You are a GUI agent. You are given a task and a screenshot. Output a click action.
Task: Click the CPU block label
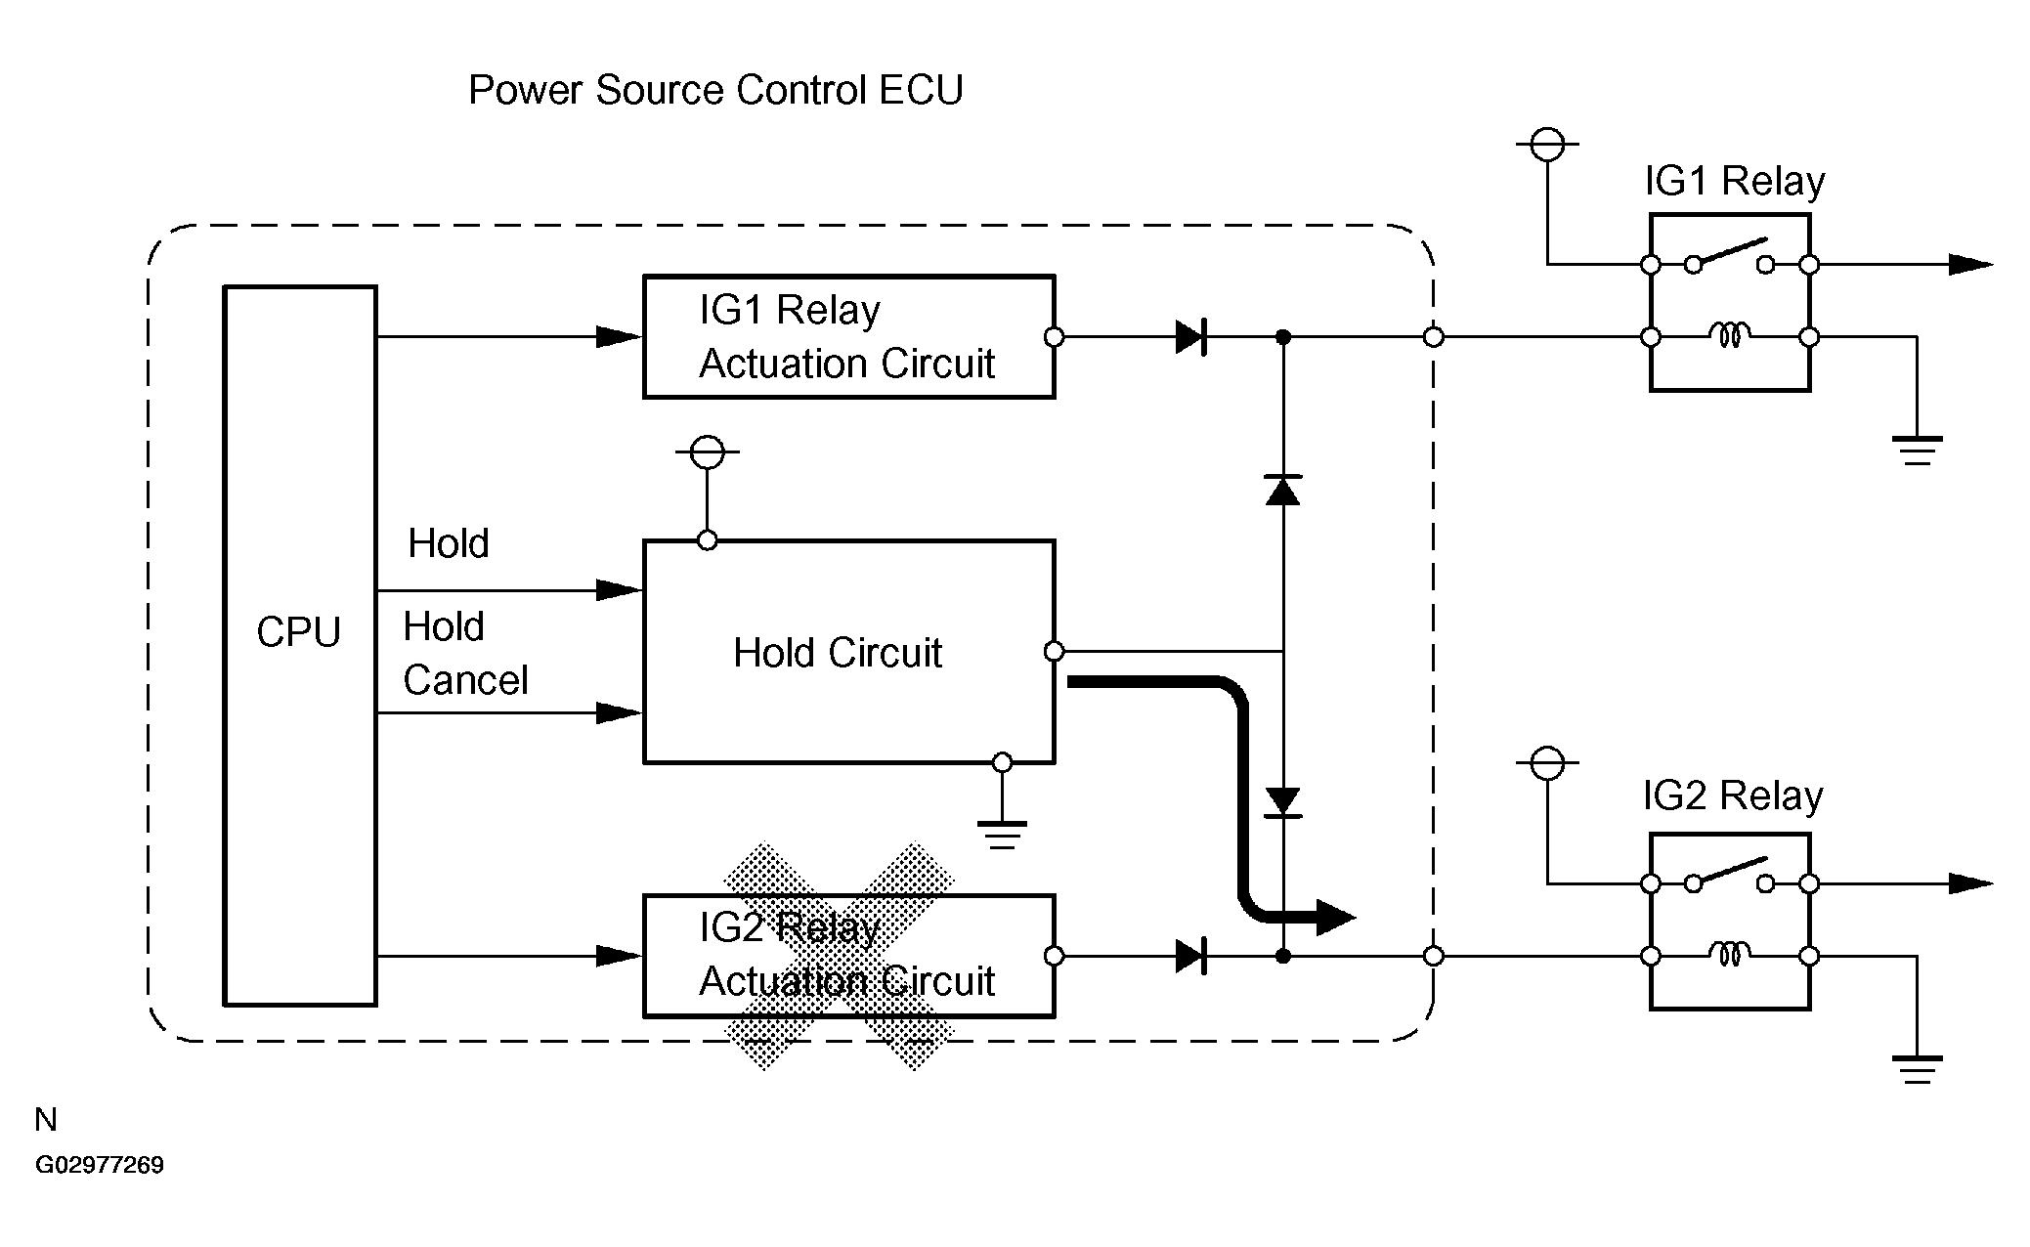click(x=298, y=632)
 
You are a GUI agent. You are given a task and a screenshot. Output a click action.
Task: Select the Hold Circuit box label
click(x=837, y=653)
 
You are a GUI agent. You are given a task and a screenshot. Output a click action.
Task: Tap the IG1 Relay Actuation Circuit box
click(x=847, y=337)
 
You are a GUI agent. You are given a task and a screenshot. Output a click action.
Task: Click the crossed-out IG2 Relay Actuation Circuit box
click(x=847, y=956)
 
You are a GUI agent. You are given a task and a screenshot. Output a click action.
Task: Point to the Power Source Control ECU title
click(x=715, y=90)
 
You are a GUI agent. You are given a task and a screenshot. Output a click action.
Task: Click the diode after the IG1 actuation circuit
click(x=1190, y=337)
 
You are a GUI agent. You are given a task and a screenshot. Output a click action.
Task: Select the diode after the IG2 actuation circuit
click(x=1190, y=956)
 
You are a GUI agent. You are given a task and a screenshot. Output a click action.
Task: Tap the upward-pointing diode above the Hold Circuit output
click(x=1282, y=489)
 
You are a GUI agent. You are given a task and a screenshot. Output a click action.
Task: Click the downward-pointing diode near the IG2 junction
click(x=1282, y=801)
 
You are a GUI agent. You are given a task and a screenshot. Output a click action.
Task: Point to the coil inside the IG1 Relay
click(x=1729, y=337)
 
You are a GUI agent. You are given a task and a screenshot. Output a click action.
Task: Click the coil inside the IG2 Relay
click(x=1729, y=955)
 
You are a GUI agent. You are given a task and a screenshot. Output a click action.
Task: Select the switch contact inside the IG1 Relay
click(x=1729, y=255)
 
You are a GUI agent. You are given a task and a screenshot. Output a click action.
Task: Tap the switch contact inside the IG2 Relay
click(x=1729, y=874)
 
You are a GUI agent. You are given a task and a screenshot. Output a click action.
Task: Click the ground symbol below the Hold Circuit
click(x=1002, y=834)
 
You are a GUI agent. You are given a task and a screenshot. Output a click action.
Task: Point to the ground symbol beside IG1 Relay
click(x=1917, y=450)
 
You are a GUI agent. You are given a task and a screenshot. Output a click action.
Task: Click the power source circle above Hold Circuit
click(x=707, y=452)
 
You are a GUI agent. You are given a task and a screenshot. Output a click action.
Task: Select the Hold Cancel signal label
click(x=465, y=653)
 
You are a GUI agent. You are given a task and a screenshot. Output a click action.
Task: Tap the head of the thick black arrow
click(x=1335, y=917)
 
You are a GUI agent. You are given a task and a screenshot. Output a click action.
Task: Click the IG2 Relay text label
click(x=1732, y=796)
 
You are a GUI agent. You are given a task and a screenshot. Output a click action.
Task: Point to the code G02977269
click(x=100, y=1165)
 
